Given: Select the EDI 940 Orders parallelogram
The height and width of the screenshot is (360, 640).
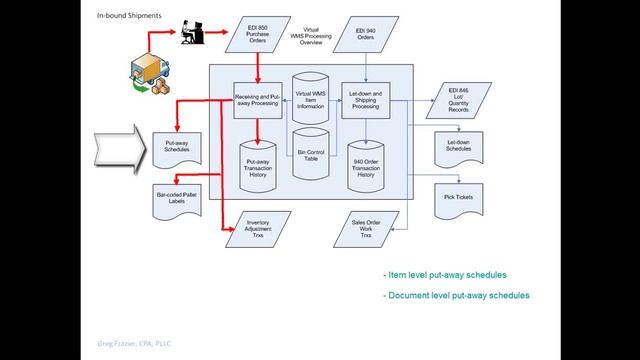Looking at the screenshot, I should pyautogui.click(x=365, y=36).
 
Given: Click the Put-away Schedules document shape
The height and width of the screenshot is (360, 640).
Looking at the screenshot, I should pyautogui.click(x=177, y=146).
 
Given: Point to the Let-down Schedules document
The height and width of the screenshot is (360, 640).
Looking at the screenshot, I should pyautogui.click(x=459, y=146).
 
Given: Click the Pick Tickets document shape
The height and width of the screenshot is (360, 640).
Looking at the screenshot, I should pyautogui.click(x=459, y=196).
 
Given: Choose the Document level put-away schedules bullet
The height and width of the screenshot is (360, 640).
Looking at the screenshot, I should pyautogui.click(x=457, y=296).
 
